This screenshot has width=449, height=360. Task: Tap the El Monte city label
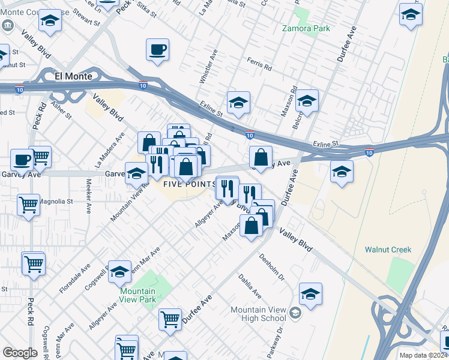pos(73,76)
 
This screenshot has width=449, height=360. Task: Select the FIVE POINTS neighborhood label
pos(189,184)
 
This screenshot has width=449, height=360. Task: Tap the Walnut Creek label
pos(388,249)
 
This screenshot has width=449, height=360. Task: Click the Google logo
pos(20,353)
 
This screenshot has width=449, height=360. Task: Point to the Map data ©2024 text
pos(423,355)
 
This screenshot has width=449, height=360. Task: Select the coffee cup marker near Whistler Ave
pos(158,50)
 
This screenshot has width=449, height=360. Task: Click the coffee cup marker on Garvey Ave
pos(22,161)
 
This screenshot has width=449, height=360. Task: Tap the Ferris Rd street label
pos(260,61)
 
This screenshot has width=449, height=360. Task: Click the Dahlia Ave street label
pos(250,287)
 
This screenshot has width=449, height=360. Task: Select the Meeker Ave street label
pos(89,196)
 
